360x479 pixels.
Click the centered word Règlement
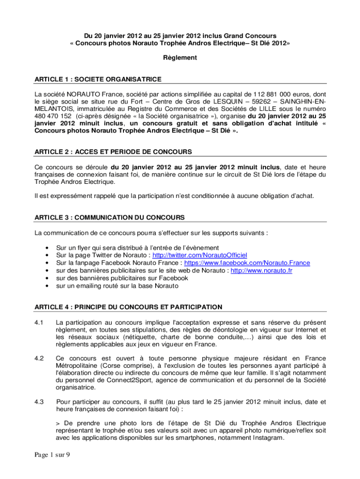point(180,58)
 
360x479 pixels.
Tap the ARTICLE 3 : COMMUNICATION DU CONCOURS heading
point(109,218)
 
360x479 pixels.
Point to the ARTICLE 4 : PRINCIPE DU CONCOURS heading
point(128,307)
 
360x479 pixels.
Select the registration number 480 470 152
point(53,116)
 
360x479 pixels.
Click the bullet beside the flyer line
point(46,248)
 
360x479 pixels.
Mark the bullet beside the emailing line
point(46,285)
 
